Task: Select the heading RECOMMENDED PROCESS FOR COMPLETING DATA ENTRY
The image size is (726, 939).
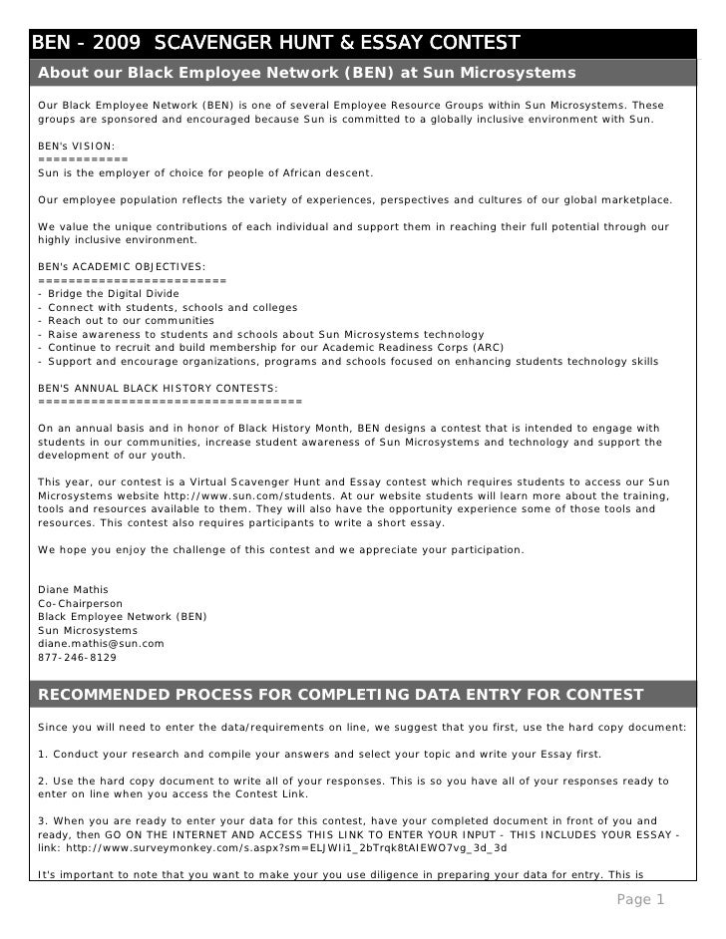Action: point(341,694)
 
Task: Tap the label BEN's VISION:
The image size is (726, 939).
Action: point(76,146)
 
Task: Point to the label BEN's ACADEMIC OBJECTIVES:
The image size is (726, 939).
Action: point(122,266)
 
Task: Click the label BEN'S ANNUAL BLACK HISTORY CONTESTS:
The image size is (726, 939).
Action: point(158,388)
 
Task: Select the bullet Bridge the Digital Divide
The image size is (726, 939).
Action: point(113,294)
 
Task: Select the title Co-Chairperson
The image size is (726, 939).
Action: point(80,603)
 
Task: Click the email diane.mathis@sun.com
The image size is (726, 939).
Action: point(101,644)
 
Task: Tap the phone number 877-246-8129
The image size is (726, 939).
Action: point(77,658)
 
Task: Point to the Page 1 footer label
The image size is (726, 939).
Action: point(640,900)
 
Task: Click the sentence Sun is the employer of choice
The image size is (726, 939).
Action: point(204,172)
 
